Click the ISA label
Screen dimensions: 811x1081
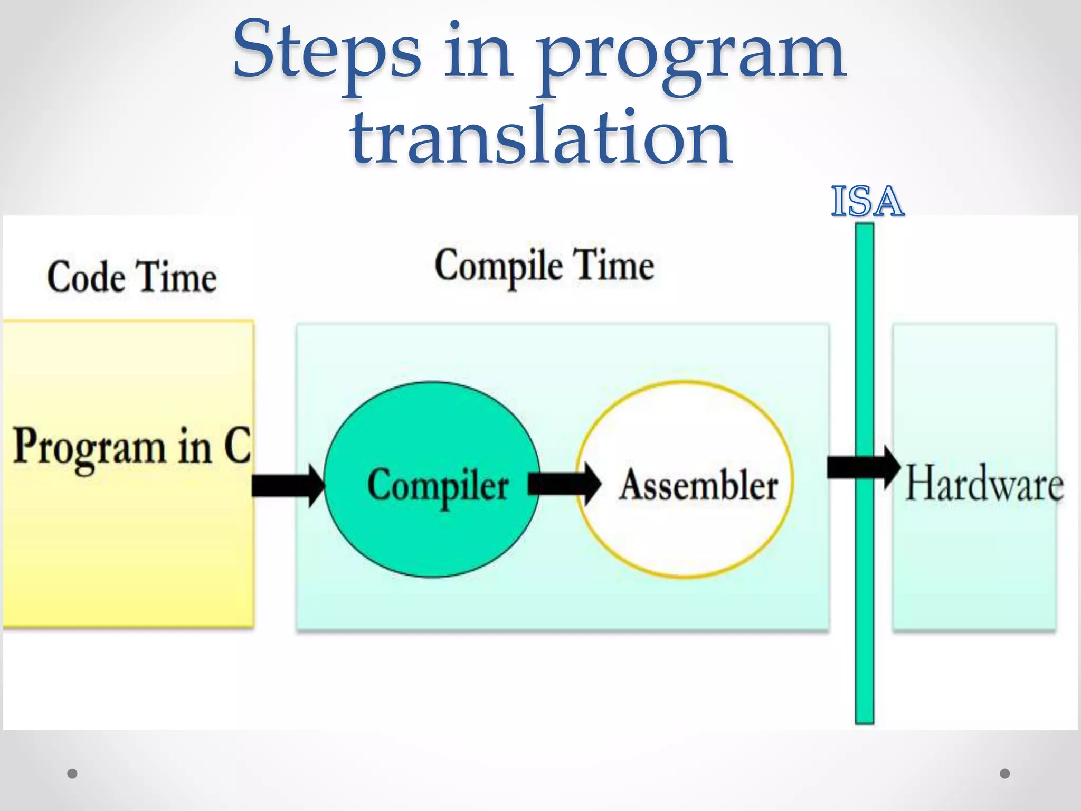867,202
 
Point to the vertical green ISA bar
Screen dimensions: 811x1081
864,607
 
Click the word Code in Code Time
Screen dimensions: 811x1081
87,277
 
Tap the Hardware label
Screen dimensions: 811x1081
984,483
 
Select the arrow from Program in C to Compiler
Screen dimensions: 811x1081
287,485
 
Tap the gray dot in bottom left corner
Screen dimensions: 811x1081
73,774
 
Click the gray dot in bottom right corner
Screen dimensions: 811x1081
1005,774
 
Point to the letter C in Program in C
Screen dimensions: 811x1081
237,445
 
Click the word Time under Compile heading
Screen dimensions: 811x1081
613,266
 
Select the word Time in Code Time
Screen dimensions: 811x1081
176,277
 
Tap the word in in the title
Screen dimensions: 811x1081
478,53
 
